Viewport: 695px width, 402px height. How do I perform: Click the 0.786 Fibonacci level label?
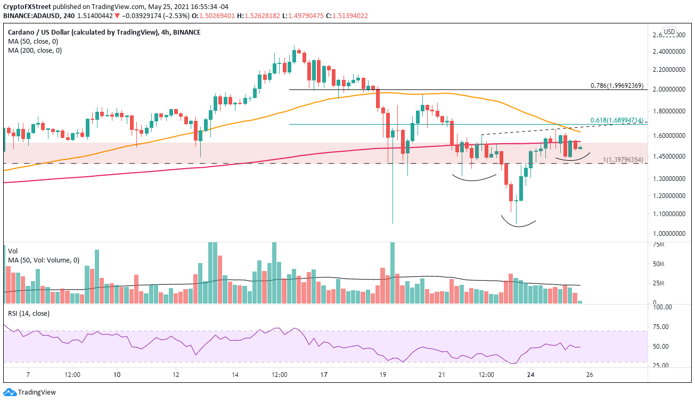pyautogui.click(x=617, y=85)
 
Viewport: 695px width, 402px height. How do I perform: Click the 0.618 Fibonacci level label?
pyautogui.click(x=617, y=120)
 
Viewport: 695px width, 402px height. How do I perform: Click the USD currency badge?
pyautogui.click(x=669, y=31)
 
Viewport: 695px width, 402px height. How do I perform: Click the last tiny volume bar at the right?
pyautogui.click(x=579, y=302)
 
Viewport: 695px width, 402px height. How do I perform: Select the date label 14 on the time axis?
pyautogui.click(x=235, y=374)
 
